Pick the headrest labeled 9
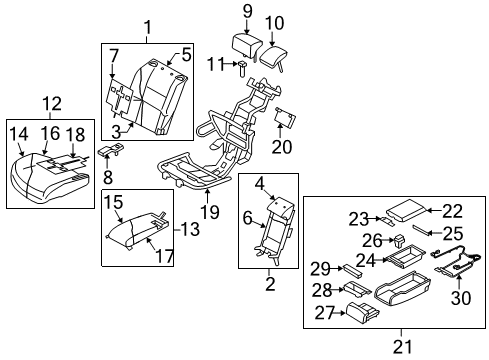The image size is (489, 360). tap(246, 45)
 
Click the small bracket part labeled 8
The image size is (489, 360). tap(113, 151)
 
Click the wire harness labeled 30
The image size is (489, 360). tap(454, 263)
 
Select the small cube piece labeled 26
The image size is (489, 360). tap(399, 240)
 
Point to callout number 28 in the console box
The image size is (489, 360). tap(321, 291)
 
